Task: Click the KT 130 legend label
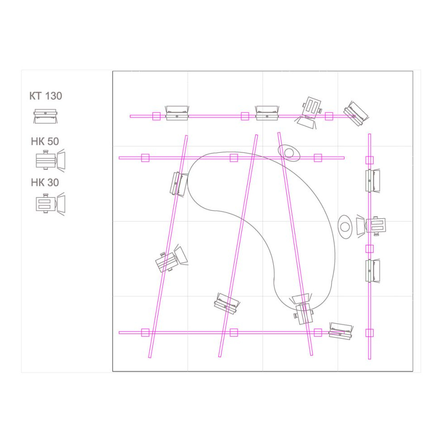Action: (46, 96)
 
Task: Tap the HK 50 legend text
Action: (45, 142)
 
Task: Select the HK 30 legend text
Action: (45, 183)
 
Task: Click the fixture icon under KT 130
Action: (46, 116)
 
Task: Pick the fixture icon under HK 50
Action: (51, 160)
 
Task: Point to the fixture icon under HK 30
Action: (51, 203)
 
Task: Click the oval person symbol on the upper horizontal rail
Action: (289, 153)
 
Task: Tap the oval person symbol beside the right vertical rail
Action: (345, 226)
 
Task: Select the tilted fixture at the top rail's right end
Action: (356, 113)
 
